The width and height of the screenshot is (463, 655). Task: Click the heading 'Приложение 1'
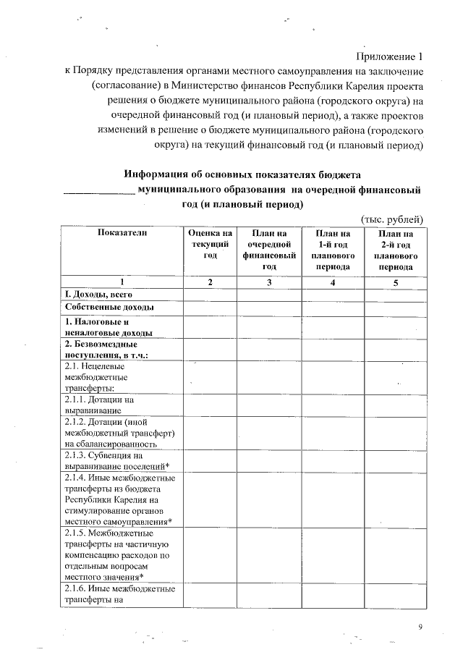point(388,57)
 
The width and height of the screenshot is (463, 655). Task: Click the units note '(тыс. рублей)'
point(391,219)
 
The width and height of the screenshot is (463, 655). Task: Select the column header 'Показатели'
point(122,233)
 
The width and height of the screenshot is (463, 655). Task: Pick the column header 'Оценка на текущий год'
point(210,244)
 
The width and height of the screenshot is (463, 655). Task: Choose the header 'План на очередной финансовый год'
point(270,250)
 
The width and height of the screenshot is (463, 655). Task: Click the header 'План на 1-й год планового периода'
point(333,250)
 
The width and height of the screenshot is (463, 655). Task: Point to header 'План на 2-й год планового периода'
point(396,250)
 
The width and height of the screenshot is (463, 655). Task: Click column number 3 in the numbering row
point(270,282)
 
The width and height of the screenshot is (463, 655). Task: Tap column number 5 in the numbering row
point(396,282)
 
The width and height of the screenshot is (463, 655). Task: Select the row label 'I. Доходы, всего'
point(98,295)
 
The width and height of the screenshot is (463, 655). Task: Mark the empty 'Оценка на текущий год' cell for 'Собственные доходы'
point(210,308)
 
